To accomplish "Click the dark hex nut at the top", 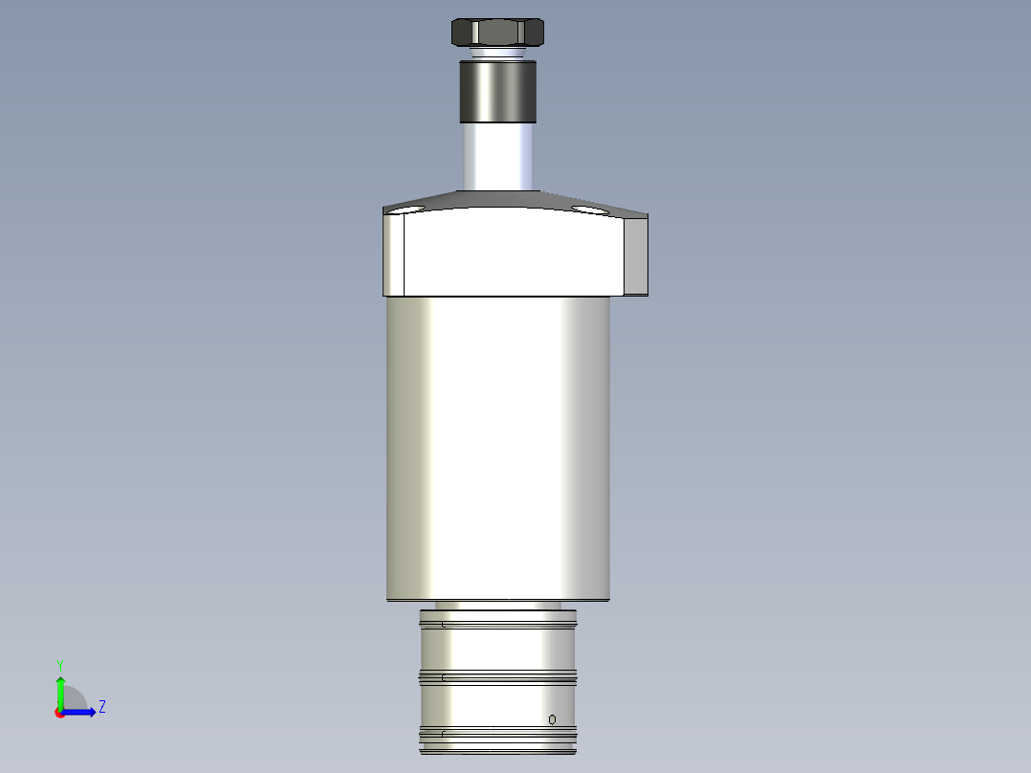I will coord(497,33).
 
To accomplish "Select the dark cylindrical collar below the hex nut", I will coord(498,92).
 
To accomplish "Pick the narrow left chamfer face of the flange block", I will coord(395,254).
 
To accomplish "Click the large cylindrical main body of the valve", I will coord(497,450).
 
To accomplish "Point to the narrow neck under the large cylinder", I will coord(497,606).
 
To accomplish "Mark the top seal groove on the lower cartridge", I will coord(497,625).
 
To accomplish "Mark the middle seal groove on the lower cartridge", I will coord(497,677).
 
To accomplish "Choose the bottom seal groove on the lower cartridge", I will coord(497,735).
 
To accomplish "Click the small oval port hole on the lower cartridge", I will coord(552,719).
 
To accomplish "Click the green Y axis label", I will coord(59,664).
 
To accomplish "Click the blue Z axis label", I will coord(101,707).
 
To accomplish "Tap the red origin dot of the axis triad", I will coord(59,713).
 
